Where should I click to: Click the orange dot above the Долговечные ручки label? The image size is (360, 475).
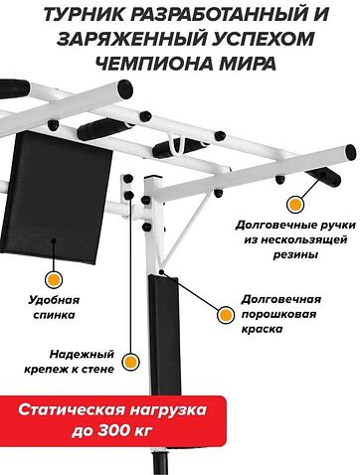[293, 204]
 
